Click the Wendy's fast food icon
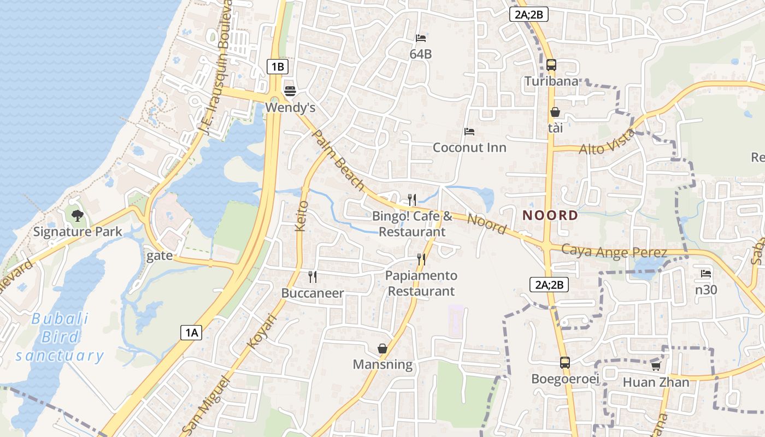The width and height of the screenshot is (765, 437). [290, 90]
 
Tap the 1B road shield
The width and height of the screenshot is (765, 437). [278, 67]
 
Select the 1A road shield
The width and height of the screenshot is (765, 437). [191, 332]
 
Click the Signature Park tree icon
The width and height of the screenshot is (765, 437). [78, 215]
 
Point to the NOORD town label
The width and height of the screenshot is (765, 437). [550, 215]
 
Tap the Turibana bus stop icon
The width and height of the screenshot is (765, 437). [551, 65]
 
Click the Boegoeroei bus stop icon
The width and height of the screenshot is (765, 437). [564, 362]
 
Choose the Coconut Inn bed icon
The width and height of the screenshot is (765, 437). [469, 132]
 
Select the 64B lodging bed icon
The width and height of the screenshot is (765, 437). [421, 38]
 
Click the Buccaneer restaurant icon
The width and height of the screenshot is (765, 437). [313, 277]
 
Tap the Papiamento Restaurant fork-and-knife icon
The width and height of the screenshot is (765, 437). [421, 259]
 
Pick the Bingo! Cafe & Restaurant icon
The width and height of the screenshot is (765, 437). [412, 200]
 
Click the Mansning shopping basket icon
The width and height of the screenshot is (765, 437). [382, 349]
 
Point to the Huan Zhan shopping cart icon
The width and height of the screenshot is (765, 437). [656, 366]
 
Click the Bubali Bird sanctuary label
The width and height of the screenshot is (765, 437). [60, 337]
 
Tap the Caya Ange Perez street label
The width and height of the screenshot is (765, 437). [614, 252]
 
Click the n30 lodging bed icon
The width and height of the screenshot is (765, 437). [706, 274]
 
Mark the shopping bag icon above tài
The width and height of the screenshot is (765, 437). [555, 113]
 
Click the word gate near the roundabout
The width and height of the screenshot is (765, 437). [160, 256]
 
